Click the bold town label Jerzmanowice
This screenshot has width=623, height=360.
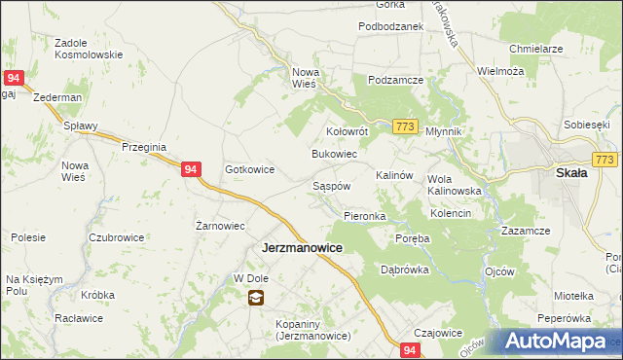pyautogui.click(x=302, y=248)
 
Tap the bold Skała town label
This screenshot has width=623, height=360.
pyautogui.click(x=569, y=173)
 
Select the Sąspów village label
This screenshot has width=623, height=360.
pyautogui.click(x=330, y=185)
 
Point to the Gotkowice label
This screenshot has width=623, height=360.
pyautogui.click(x=249, y=169)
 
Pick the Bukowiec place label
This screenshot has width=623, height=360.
pyautogui.click(x=334, y=155)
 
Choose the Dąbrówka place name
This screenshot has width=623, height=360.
pyautogui.click(x=405, y=270)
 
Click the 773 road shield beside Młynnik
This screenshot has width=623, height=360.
pyautogui.click(x=407, y=127)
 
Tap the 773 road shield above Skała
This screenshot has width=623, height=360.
pyautogui.click(x=605, y=160)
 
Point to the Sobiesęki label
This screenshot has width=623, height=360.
pyautogui.click(x=586, y=126)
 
